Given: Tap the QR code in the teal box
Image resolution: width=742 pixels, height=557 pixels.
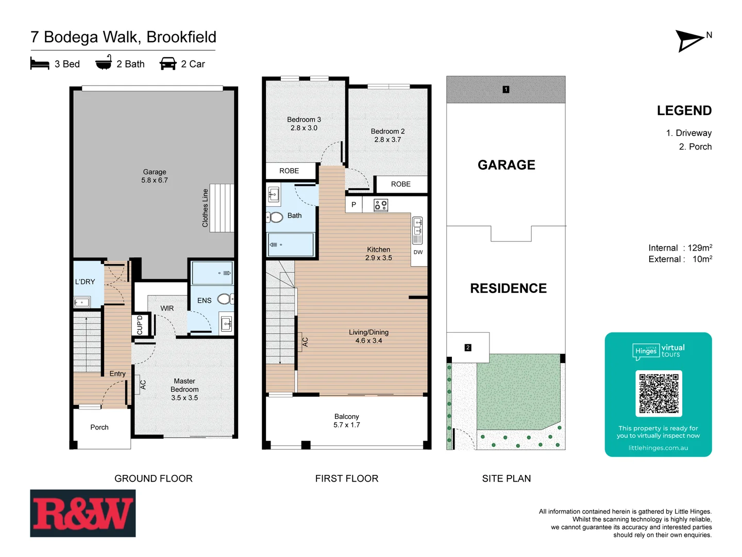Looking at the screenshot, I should point(659,393).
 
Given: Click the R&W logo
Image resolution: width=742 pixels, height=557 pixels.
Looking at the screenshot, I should point(83,513).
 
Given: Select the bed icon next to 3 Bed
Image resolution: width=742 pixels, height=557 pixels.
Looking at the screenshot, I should point(40,64).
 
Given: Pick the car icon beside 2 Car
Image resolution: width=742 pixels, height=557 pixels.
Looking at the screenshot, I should point(168,64).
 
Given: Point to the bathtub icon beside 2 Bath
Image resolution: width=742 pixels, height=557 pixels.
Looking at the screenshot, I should point(104,63).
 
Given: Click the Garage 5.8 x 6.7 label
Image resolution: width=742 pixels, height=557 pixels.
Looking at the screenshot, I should point(155,176).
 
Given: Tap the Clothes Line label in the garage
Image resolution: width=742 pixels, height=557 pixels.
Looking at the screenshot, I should point(205,208).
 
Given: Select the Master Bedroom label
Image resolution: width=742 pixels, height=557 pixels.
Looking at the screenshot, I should point(184,389).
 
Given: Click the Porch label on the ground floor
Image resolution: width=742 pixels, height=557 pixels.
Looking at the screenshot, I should point(99,427).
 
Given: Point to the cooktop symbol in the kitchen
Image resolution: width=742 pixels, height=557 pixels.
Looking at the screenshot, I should point(381,205).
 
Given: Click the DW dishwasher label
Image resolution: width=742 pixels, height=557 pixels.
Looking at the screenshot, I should point(418,252).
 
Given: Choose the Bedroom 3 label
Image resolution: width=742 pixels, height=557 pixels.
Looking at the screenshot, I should point(304,123).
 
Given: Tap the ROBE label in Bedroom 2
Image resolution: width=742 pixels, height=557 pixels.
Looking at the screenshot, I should point(400,184).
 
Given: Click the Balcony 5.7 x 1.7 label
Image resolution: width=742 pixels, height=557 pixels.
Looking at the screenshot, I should point(346,420).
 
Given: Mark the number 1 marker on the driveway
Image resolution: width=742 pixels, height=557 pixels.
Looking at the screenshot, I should point(506,89).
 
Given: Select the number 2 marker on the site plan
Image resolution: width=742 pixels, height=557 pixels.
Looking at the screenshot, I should point(468,348).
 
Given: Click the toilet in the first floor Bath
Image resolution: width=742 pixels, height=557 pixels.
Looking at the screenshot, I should point(276,217).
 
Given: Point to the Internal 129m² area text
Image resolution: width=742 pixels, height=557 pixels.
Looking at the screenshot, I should point(680,248).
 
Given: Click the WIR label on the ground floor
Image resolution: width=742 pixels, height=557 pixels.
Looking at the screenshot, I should point(167,308).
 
